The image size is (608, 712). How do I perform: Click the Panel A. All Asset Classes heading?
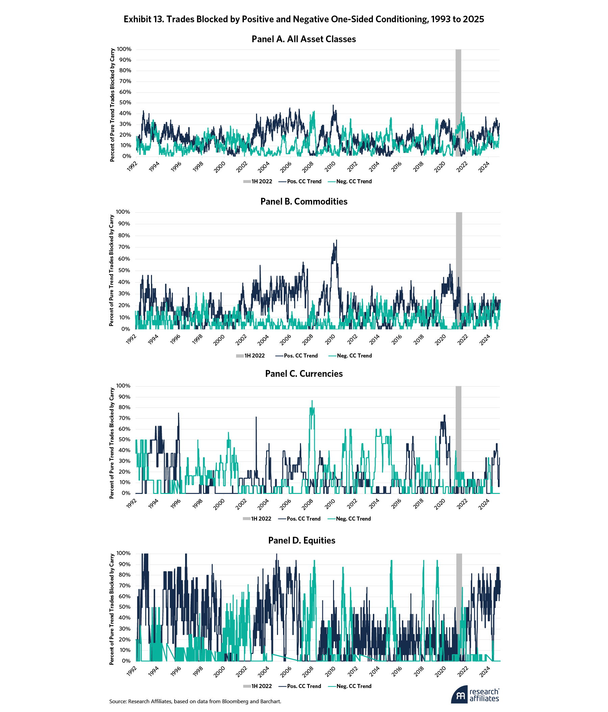304,39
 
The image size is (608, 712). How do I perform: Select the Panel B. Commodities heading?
304,201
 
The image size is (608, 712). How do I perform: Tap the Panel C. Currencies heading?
304,373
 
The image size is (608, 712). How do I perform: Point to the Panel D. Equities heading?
302,540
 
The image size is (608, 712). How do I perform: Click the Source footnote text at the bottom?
195,701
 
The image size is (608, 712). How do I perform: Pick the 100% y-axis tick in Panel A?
124,49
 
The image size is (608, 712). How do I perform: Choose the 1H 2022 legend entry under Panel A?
258,181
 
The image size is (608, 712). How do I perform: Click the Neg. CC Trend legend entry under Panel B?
350,355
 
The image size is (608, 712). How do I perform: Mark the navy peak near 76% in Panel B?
336,240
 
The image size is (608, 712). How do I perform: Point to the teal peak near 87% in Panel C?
312,401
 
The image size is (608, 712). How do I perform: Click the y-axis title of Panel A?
112,105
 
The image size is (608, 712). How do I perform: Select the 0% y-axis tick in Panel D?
126,660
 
